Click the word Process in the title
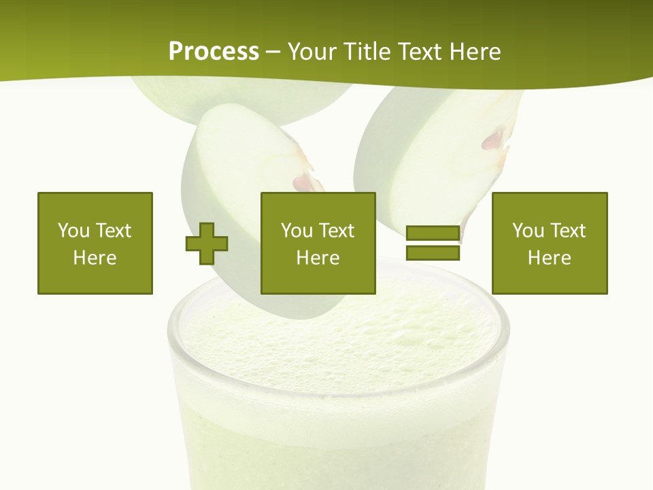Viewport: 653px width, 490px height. coord(214,51)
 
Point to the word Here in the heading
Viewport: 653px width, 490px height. coord(475,51)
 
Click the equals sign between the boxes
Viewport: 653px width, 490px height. coord(433,243)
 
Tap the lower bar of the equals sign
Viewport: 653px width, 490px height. coord(433,252)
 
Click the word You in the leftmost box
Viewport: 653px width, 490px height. coord(73,230)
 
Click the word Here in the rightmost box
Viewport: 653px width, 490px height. coord(549,257)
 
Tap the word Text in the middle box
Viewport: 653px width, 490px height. coord(337,230)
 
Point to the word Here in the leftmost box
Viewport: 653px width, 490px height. coord(95,257)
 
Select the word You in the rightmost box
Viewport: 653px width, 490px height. coord(528,230)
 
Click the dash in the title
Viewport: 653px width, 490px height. coord(273,52)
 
